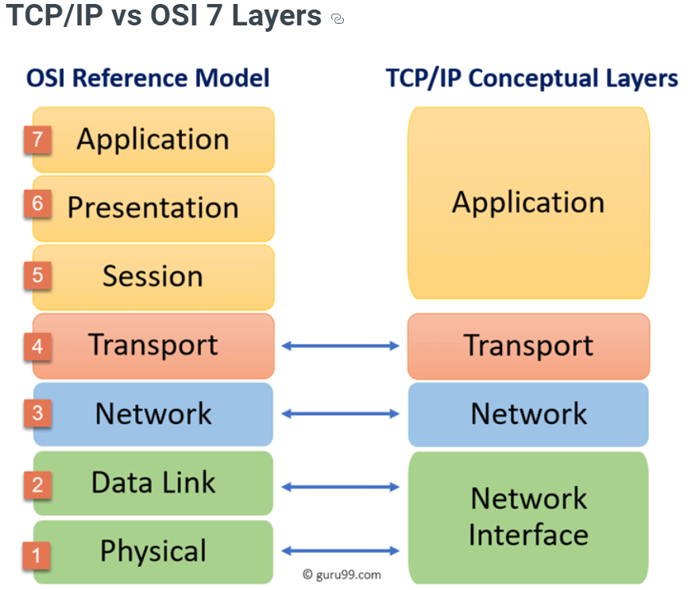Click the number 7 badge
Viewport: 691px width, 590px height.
click(37, 140)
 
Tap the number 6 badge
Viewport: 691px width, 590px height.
click(37, 205)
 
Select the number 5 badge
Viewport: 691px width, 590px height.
click(37, 276)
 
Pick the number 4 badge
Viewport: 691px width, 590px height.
click(37, 346)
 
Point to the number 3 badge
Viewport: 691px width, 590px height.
click(37, 413)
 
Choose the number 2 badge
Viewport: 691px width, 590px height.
click(37, 484)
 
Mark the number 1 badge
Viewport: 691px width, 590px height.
click(37, 553)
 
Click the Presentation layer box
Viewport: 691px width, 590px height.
click(153, 208)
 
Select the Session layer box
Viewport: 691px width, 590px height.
click(153, 276)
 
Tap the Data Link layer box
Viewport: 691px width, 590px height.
click(153, 483)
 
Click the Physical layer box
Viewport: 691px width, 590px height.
click(153, 551)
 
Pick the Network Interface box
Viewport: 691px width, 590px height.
click(528, 516)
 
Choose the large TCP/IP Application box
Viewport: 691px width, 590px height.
click(528, 203)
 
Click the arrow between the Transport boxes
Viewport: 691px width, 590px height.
click(341, 345)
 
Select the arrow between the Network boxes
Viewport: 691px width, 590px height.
click(341, 414)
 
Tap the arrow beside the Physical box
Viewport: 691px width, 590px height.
click(341, 550)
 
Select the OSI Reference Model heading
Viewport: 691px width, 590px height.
click(148, 78)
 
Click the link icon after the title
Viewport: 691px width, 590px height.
click(337, 19)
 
